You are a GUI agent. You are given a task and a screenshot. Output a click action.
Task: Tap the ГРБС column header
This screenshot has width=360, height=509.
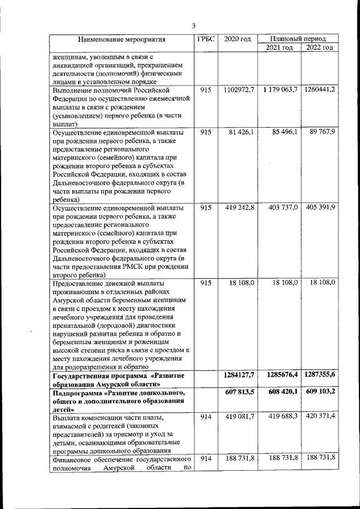(x=205, y=39)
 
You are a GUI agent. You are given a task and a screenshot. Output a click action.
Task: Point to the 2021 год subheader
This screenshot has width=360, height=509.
(x=278, y=47)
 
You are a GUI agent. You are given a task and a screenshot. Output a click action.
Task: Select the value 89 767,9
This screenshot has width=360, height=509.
(x=321, y=132)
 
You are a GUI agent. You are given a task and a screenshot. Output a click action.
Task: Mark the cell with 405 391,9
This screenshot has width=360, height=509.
(x=321, y=208)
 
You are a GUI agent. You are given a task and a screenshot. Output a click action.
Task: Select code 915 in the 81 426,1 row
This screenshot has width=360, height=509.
(x=205, y=132)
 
